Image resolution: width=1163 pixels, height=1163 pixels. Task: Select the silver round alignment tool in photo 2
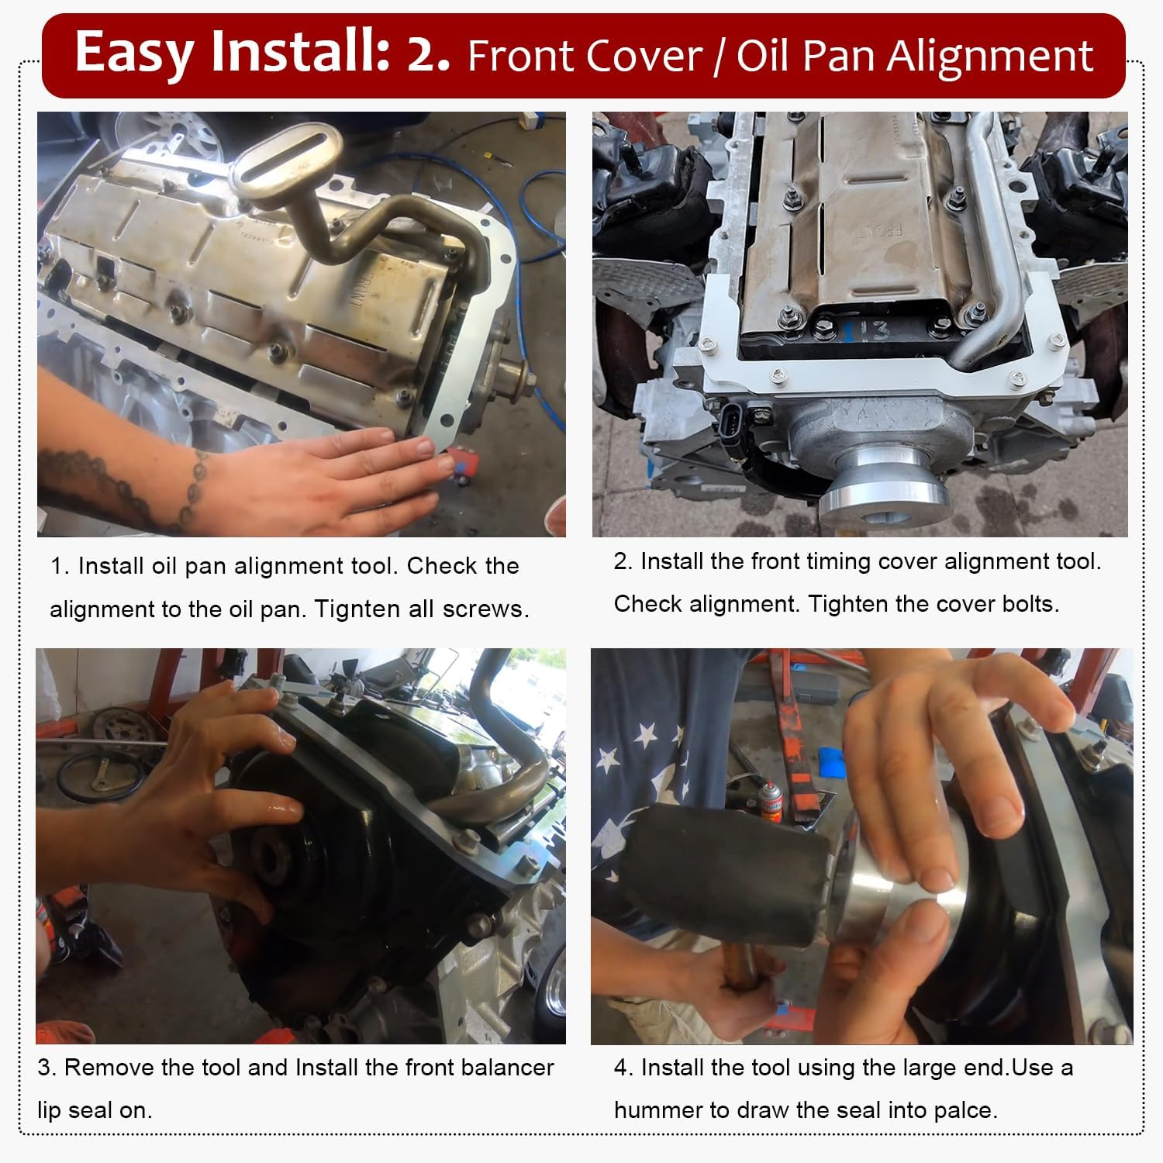tap(884, 481)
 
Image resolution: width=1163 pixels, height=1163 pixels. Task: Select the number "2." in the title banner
tap(428, 54)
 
